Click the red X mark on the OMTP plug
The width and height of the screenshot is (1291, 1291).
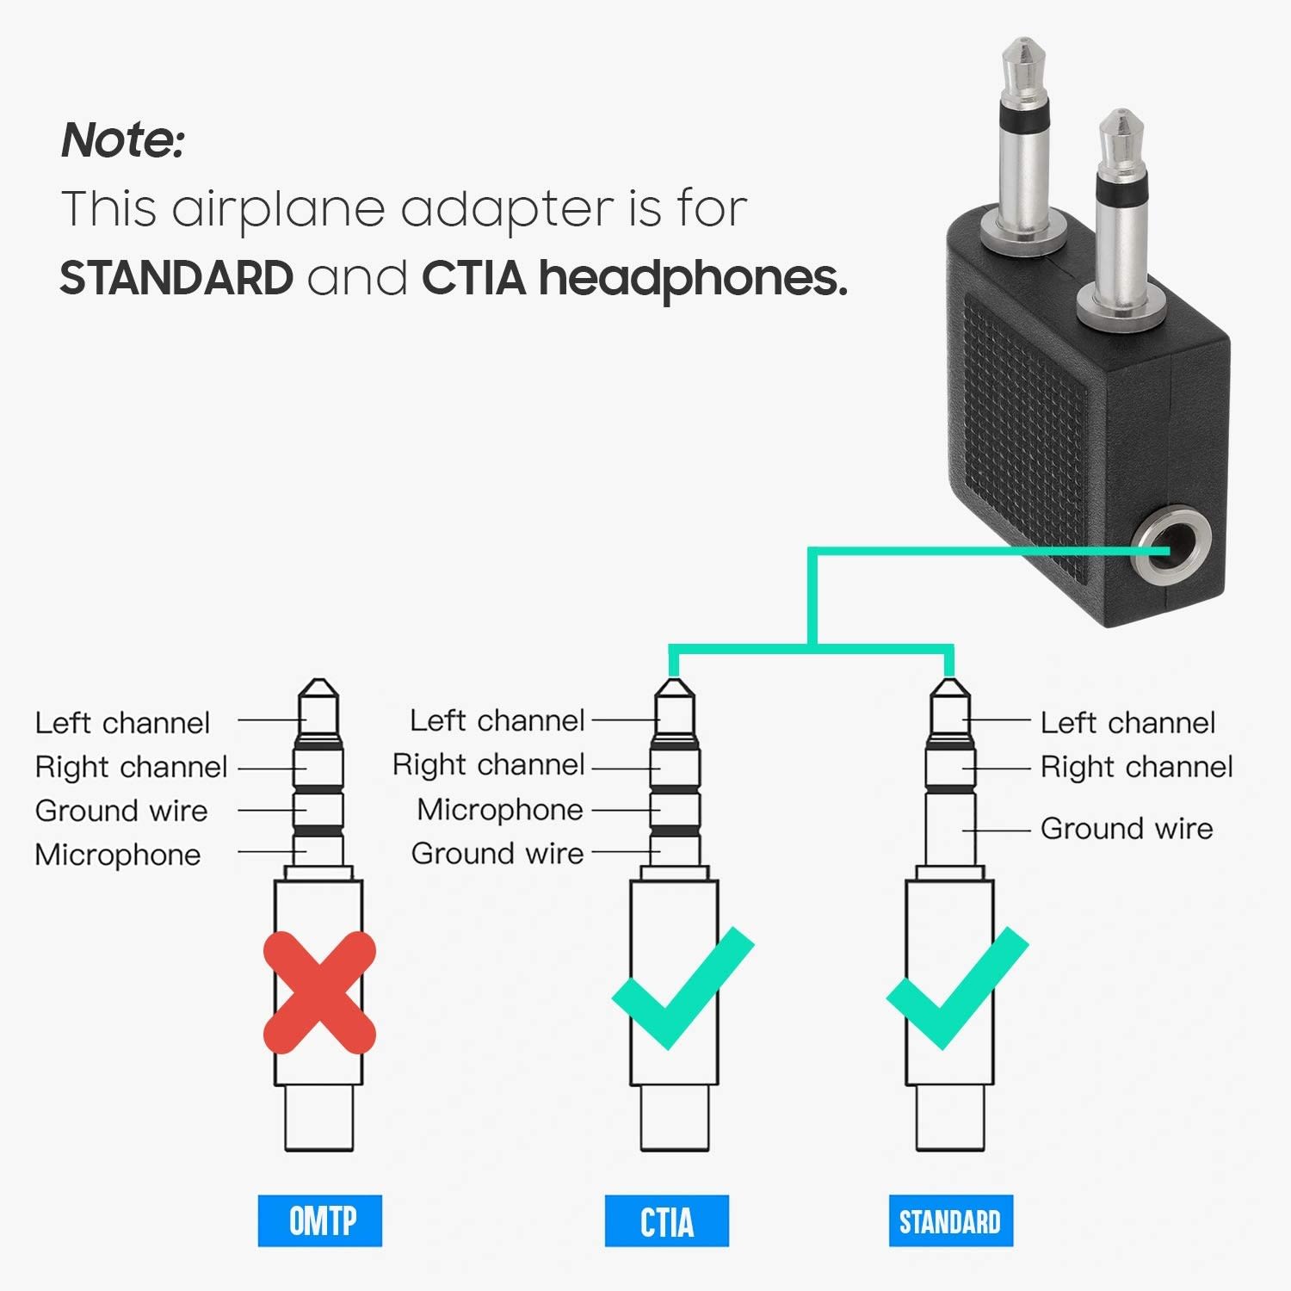pos(319,993)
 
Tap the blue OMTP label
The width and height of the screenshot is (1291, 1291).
pos(320,1220)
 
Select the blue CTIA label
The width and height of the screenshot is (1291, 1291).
pos(666,1220)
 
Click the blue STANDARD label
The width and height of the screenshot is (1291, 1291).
pos(950,1220)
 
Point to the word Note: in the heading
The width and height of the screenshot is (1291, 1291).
pos(123,140)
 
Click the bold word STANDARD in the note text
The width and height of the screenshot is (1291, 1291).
pos(176,278)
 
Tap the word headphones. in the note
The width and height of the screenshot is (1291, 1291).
pos(693,278)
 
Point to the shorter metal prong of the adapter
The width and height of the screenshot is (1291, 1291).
pos(1121,215)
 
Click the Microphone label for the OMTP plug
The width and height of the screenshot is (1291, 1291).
pos(118,855)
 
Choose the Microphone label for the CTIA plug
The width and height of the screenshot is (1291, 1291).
pos(500,809)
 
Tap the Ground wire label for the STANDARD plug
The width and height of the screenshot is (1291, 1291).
pos(1127,828)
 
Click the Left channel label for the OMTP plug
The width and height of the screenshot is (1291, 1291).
pos(122,722)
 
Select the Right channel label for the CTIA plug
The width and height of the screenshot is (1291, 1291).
pos(489,764)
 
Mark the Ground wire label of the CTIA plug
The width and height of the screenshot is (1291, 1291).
pos(497,853)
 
